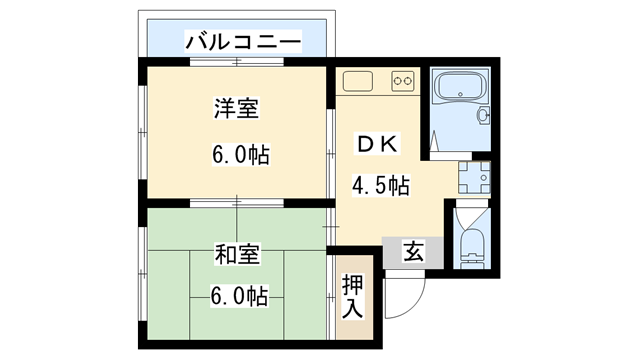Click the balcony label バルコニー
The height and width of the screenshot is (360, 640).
click(241, 42)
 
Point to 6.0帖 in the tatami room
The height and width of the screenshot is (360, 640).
click(238, 297)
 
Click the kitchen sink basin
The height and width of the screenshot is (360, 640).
click(357, 80)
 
